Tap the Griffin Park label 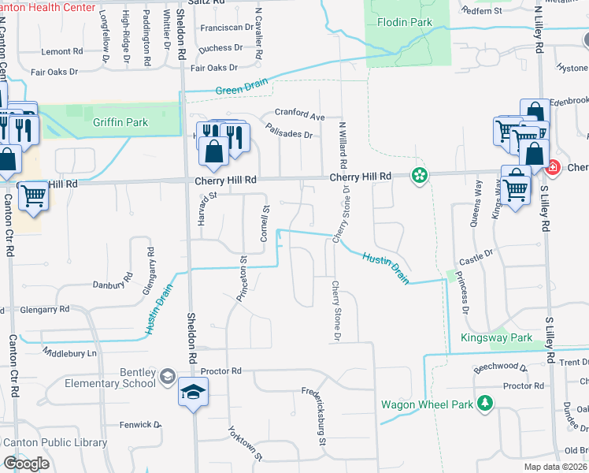(x=120, y=123)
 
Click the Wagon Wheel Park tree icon (x=485, y=404)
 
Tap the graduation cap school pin (x=193, y=392)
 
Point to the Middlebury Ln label (x=69, y=352)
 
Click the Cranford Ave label (x=298, y=117)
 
